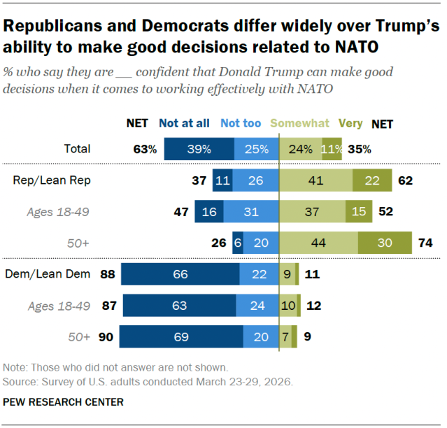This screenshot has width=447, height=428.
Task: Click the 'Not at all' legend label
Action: click(184, 124)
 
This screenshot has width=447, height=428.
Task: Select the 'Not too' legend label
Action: click(241, 124)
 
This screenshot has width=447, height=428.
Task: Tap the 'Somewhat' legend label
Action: click(299, 124)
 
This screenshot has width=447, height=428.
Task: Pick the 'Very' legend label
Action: click(350, 124)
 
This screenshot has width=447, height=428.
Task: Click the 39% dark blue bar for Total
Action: click(199, 149)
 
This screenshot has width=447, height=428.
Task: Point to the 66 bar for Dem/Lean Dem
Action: click(180, 274)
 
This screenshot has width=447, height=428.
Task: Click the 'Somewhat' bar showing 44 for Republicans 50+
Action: click(318, 243)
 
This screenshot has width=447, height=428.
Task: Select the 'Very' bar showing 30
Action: click(384, 243)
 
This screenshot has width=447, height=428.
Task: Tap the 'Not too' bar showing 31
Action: click(251, 212)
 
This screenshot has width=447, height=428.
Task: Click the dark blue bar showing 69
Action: click(181, 336)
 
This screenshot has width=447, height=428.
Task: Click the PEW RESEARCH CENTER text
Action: click(64, 402)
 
